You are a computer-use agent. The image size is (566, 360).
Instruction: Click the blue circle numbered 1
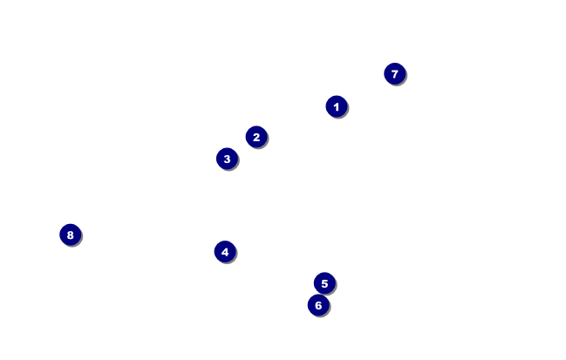337,106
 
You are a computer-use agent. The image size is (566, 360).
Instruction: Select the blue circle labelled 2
256,137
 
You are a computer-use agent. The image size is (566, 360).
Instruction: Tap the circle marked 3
227,159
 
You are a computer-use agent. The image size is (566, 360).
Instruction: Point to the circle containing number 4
225,252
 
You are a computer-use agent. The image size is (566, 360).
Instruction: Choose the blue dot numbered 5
324,283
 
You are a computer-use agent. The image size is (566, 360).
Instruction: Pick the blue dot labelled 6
318,305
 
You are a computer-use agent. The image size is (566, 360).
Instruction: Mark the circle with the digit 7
395,74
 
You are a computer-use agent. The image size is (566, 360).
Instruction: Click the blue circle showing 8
71,234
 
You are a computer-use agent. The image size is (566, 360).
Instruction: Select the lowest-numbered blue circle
337,106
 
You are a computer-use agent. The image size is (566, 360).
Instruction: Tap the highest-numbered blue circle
71,234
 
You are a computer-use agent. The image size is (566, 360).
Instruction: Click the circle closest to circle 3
256,137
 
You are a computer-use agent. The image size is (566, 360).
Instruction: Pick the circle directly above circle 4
227,159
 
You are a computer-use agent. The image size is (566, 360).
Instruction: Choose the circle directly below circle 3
225,252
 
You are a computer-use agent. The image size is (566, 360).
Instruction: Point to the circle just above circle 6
324,283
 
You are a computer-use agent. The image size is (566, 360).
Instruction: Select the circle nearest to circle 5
318,305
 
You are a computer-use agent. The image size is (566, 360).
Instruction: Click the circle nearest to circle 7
337,106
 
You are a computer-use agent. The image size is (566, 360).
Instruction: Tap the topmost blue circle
395,74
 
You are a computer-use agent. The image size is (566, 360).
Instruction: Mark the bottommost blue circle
318,305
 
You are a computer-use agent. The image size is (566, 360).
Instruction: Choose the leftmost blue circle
71,234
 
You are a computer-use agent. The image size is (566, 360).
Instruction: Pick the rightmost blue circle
395,74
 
